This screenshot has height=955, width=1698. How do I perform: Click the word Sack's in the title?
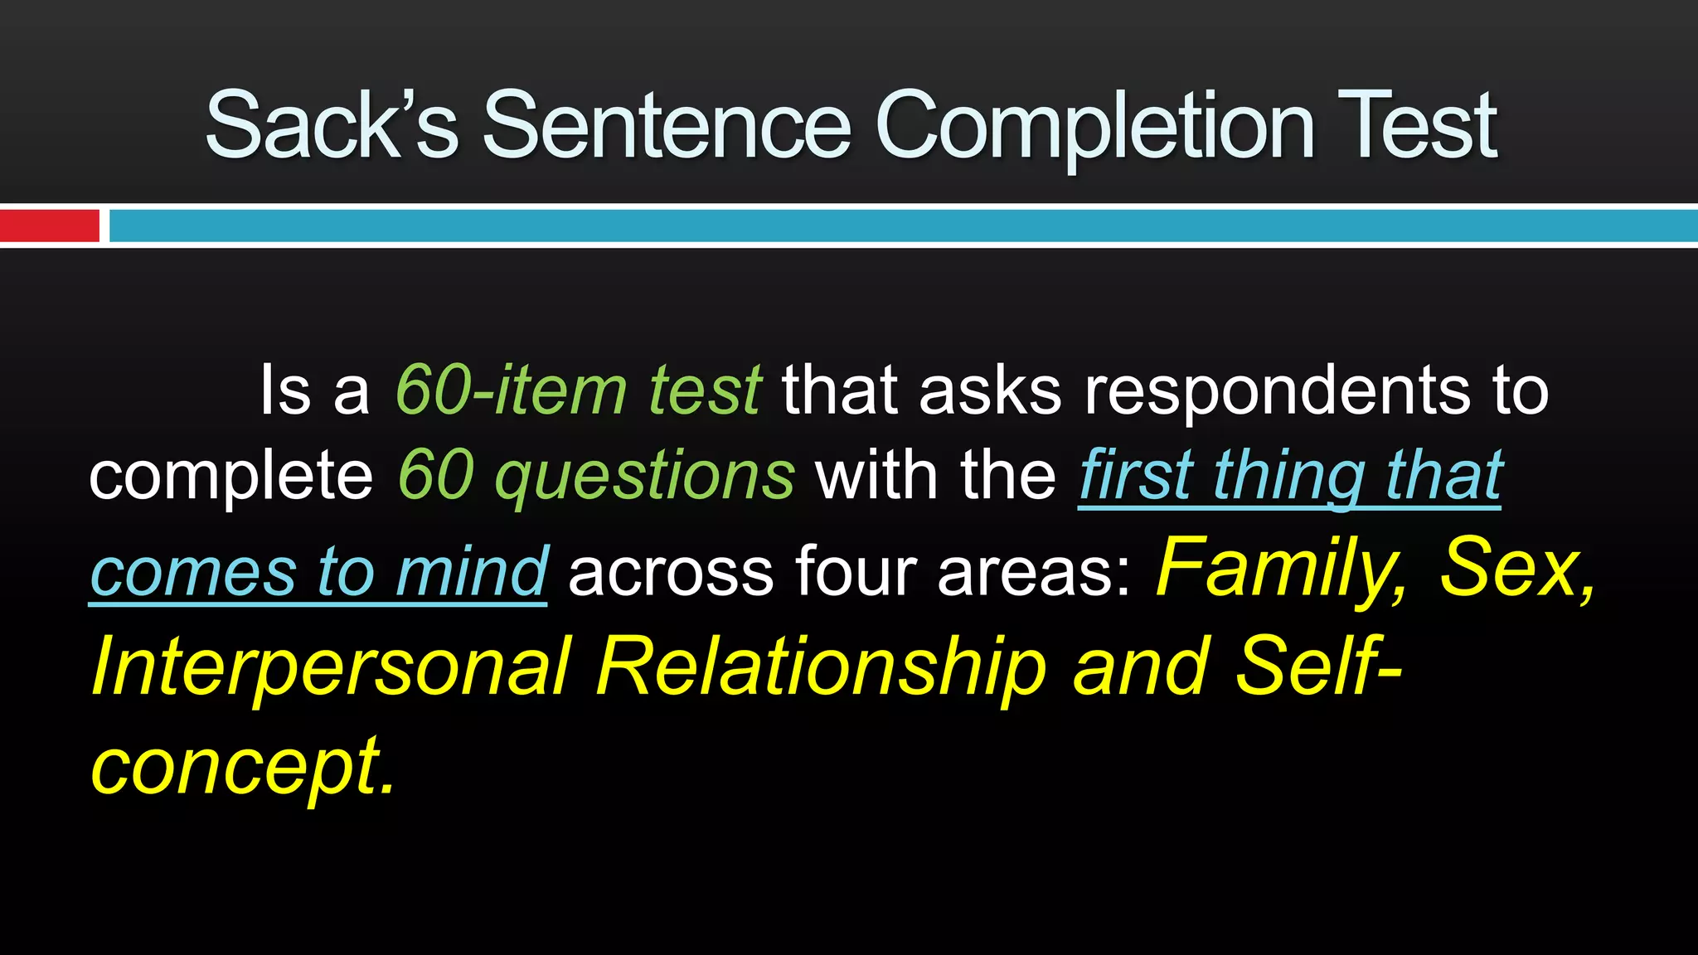331,126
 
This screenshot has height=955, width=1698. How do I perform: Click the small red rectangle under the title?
50,225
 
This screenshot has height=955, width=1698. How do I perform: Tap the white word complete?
231,477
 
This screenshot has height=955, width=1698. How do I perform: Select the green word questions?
645,477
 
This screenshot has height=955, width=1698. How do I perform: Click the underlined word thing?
1289,477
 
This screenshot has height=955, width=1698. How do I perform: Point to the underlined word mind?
472,572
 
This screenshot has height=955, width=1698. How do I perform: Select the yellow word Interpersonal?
332,668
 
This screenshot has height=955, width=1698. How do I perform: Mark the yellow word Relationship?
821,668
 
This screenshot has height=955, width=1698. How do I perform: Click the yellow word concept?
240,766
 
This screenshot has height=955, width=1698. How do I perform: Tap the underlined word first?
1136,476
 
